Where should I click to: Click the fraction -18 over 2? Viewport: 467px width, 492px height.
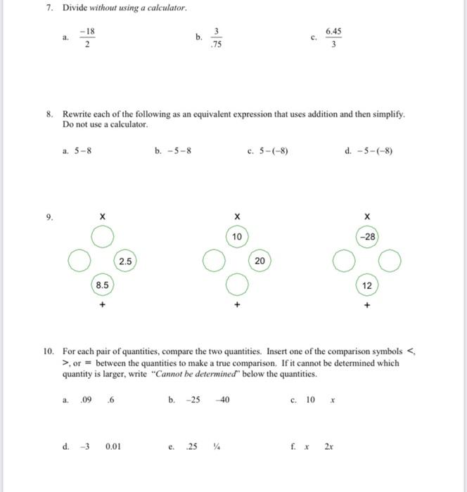click(87, 39)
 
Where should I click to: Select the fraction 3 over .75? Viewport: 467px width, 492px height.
click(217, 37)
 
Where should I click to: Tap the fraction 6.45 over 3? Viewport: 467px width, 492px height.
click(333, 39)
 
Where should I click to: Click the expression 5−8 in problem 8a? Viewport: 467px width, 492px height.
click(82, 150)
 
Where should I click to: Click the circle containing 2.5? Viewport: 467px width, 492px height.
click(124, 261)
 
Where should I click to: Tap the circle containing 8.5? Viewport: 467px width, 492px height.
click(102, 285)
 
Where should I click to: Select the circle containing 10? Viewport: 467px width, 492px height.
click(237, 238)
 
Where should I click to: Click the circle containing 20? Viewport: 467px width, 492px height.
click(260, 261)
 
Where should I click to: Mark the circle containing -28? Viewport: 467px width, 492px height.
click(366, 238)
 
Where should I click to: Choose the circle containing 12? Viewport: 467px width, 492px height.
click(366, 285)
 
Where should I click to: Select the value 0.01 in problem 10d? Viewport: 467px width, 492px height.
click(113, 446)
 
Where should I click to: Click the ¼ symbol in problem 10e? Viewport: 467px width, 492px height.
click(216, 446)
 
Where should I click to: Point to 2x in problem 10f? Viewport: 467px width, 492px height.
click(328, 446)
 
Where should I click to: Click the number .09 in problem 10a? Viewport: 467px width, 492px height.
click(86, 400)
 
